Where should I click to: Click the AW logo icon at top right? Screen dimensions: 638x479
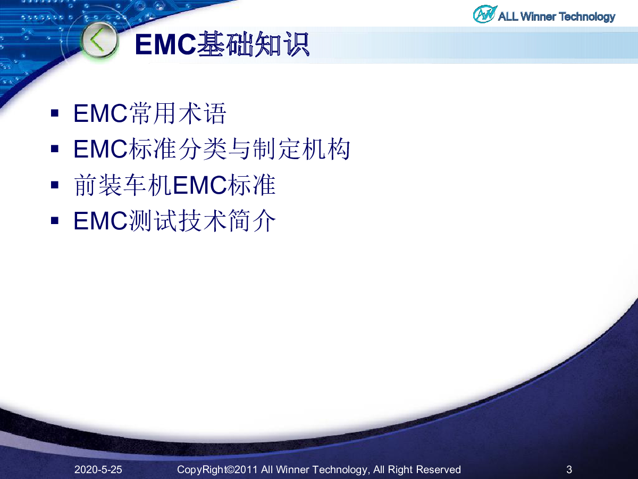(484, 14)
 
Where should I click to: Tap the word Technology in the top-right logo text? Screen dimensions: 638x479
(587, 17)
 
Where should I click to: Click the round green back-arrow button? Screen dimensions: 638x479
(99, 40)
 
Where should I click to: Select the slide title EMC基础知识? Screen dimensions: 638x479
(222, 44)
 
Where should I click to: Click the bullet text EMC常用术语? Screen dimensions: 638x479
(150, 113)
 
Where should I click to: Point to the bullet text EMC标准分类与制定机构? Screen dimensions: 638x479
(212, 149)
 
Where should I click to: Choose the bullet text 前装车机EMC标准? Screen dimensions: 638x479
(174, 185)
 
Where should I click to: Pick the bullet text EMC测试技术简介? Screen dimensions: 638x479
(174, 221)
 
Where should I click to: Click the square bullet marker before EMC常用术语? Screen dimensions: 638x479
(55, 113)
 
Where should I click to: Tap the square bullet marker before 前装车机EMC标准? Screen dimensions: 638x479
(55, 185)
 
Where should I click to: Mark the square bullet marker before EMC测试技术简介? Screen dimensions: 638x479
(55, 221)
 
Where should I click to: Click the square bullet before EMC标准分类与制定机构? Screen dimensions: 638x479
(55, 149)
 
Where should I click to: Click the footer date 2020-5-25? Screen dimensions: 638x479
(98, 469)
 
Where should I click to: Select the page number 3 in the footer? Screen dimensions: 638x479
(569, 469)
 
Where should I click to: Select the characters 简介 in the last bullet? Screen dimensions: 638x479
(251, 221)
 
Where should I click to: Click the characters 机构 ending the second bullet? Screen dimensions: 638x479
(326, 149)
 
